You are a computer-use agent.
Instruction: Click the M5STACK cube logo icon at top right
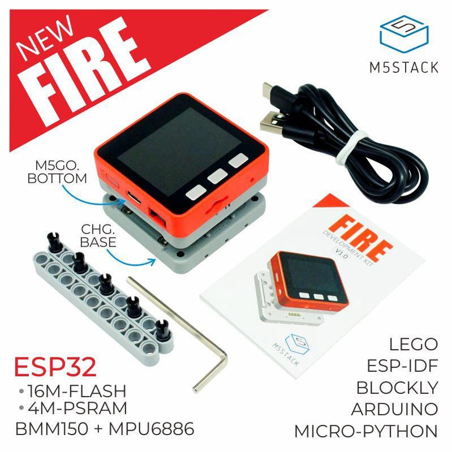pyautogui.click(x=404, y=34)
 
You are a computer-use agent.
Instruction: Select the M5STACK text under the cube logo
pyautogui.click(x=404, y=68)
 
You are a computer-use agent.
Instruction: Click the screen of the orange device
pyautogui.click(x=179, y=150)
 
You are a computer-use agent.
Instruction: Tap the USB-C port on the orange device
pyautogui.click(x=134, y=197)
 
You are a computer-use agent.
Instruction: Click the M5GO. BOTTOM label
pyautogui.click(x=57, y=173)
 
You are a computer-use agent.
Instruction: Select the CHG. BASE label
pyautogui.click(x=98, y=236)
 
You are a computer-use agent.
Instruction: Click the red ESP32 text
pyautogui.click(x=55, y=367)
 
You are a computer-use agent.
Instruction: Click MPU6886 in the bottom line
pyautogui.click(x=152, y=429)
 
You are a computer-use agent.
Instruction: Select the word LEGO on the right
pyautogui.click(x=414, y=344)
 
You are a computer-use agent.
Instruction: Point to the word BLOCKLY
pyautogui.click(x=397, y=388)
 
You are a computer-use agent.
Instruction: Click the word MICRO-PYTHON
pyautogui.click(x=366, y=431)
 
